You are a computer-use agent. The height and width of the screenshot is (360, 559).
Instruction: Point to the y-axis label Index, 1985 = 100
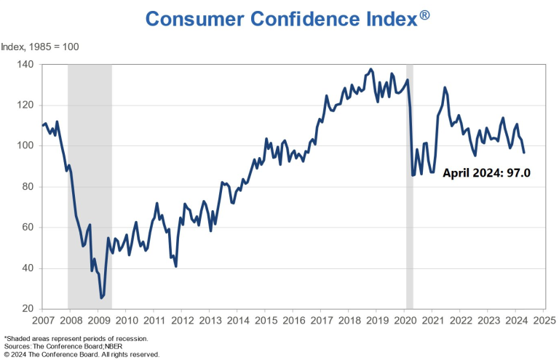coord(40,47)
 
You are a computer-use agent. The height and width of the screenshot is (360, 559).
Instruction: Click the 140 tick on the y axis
coord(26,64)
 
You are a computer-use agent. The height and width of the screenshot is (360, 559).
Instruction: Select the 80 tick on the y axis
coord(28,187)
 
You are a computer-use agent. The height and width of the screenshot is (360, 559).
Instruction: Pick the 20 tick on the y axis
coord(28,309)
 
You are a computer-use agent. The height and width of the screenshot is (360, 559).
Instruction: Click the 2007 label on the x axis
coord(43,320)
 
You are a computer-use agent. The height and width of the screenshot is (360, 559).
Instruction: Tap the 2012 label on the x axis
coord(182,320)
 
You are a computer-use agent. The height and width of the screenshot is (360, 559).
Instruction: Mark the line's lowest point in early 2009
coord(101,298)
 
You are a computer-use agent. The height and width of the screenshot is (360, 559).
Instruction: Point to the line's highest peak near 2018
coord(370,69)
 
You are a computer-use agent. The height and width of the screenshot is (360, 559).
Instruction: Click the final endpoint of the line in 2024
coord(524,152)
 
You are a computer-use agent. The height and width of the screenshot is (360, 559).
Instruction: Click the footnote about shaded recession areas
coord(76,339)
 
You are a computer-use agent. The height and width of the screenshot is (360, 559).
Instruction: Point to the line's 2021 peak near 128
coord(445,88)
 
